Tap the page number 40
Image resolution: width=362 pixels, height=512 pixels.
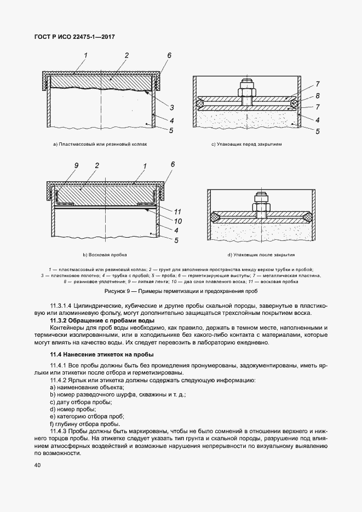tap(38, 465)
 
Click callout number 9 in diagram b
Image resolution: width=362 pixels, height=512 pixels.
tap(77, 165)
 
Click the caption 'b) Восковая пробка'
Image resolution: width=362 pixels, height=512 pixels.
tap(105, 255)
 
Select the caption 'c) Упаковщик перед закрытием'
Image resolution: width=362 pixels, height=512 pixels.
tap(246, 145)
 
